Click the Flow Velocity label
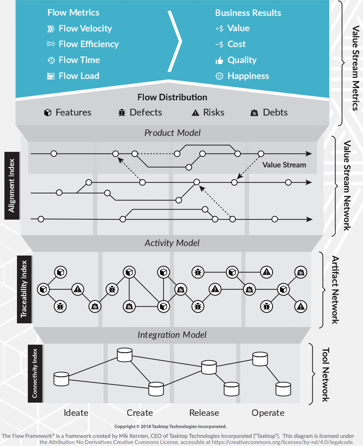click(x=85, y=28)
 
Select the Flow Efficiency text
click(x=89, y=44)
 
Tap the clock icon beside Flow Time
click(x=51, y=60)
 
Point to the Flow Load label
click(x=79, y=76)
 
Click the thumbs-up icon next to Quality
click(x=219, y=61)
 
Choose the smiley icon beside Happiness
click(x=219, y=76)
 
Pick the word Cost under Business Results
click(x=236, y=44)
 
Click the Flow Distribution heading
click(x=172, y=97)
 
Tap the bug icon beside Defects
click(x=121, y=113)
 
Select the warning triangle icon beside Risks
click(x=195, y=113)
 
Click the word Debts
click(x=275, y=113)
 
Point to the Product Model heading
click(x=172, y=133)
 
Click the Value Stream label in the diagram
click(x=284, y=165)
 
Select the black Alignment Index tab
click(x=12, y=185)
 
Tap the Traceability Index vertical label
click(x=24, y=289)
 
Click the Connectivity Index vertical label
click(x=35, y=373)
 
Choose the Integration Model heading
click(x=172, y=335)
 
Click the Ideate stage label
click(x=76, y=413)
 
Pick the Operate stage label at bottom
click(x=268, y=413)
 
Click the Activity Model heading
click(x=172, y=243)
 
